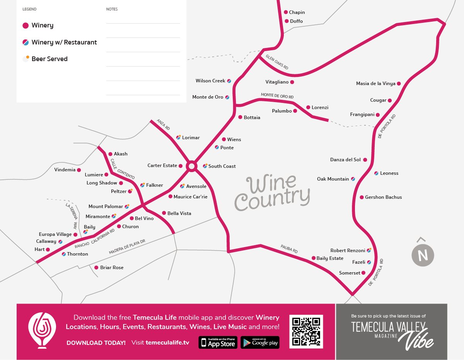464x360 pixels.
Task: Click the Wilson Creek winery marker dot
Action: (229, 81)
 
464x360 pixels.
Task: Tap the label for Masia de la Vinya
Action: (376, 84)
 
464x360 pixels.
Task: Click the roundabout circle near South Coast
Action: (191, 166)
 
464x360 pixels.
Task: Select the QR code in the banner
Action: (306, 331)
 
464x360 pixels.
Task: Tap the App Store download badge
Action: (218, 343)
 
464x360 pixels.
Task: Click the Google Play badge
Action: (260, 343)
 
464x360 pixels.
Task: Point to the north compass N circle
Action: (423, 256)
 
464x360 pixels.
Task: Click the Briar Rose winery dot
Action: (96, 268)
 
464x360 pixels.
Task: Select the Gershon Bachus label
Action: (383, 197)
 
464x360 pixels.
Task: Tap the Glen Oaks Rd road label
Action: (277, 62)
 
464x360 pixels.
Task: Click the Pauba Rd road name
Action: (289, 249)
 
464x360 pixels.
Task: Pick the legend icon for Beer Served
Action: (26, 59)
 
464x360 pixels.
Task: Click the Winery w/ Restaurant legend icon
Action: (26, 42)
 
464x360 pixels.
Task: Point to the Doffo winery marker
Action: (287, 21)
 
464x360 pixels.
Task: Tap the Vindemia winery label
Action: (65, 170)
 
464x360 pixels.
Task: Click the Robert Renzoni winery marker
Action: (369, 251)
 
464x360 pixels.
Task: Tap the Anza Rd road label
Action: (163, 125)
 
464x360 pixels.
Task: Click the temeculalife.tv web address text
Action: (167, 343)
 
